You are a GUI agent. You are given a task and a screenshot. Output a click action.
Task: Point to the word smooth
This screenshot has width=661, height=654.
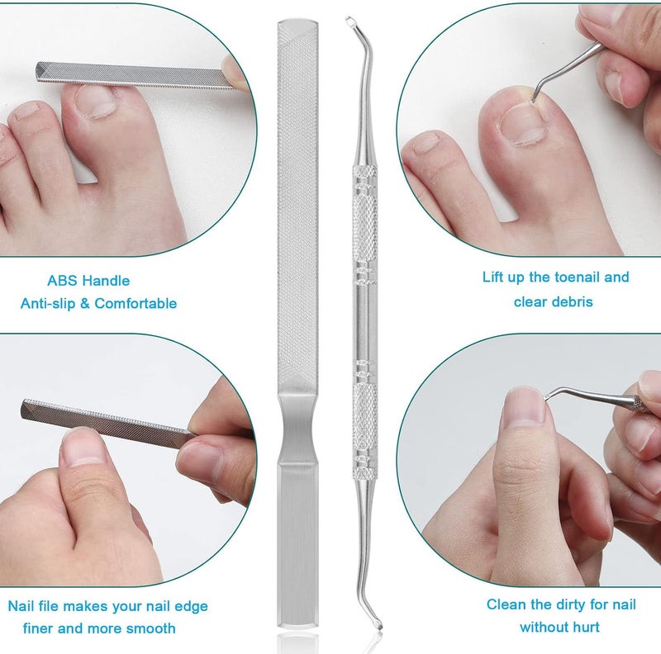[151, 628]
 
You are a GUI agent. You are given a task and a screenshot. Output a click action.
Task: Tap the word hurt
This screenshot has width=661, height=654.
[585, 627]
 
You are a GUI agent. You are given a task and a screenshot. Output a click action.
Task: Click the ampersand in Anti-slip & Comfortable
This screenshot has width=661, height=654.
[85, 303]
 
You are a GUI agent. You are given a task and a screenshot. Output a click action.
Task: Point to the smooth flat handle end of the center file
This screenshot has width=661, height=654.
[297, 543]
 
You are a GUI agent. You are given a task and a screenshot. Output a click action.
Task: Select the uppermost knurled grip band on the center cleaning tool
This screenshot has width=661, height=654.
[364, 172]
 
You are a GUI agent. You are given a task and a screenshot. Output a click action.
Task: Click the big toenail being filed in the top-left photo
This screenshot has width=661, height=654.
[96, 101]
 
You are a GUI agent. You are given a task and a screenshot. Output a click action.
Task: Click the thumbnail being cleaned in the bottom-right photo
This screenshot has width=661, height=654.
[525, 405]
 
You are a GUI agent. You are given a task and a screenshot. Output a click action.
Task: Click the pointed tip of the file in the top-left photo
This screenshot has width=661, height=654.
[37, 72]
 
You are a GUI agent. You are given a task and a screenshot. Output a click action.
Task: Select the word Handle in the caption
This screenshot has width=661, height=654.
[106, 281]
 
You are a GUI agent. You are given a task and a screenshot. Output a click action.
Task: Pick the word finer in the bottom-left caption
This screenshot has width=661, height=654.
[38, 628]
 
